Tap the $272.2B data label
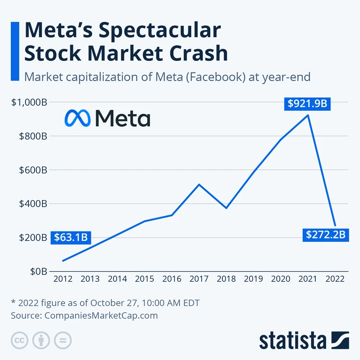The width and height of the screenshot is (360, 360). click(x=326, y=235)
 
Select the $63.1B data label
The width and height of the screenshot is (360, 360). click(x=71, y=238)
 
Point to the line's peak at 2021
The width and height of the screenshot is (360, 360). click(x=308, y=115)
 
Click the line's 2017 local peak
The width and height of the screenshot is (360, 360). click(x=199, y=184)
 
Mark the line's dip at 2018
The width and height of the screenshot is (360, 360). click(x=226, y=208)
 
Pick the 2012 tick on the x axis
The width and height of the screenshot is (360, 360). click(x=63, y=279)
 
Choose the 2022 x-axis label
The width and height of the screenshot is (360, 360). click(x=335, y=279)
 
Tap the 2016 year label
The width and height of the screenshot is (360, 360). click(x=172, y=279)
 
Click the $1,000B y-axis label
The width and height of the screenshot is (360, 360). click(x=30, y=103)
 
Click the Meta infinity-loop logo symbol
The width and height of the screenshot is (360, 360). click(x=77, y=118)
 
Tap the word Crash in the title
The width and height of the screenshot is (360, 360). click(x=195, y=53)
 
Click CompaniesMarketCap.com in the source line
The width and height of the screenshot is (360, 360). click(x=101, y=315)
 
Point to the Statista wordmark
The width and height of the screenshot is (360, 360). click(x=293, y=340)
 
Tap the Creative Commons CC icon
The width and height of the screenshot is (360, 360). click(x=19, y=340)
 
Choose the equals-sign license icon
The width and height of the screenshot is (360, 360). click(x=63, y=340)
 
